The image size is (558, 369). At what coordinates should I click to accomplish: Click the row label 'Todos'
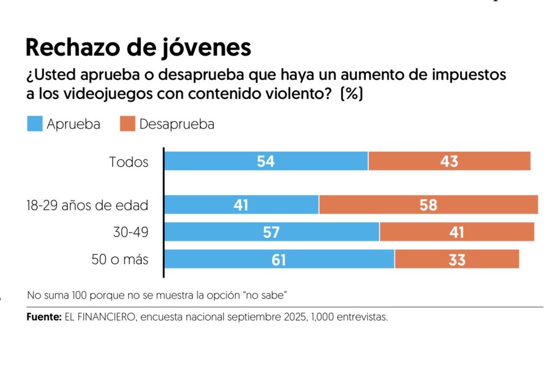click(129, 162)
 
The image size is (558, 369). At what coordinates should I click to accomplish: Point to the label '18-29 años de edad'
click(88, 205)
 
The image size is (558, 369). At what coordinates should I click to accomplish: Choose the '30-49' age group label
click(131, 232)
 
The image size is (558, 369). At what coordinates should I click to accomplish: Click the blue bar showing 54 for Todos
click(266, 161)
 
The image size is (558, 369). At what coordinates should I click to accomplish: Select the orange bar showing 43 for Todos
click(449, 161)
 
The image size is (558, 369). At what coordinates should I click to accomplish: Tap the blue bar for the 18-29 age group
click(242, 205)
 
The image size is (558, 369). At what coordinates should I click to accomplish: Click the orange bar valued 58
click(428, 205)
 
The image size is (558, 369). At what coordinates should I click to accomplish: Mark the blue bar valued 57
click(272, 232)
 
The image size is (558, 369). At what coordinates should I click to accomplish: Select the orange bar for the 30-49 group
click(457, 232)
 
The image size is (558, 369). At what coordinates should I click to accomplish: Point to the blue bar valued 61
click(279, 259)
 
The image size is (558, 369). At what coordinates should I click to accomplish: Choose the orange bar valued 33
click(457, 259)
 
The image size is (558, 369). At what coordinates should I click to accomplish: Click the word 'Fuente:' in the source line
click(44, 318)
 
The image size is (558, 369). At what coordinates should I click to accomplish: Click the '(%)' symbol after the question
click(352, 94)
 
